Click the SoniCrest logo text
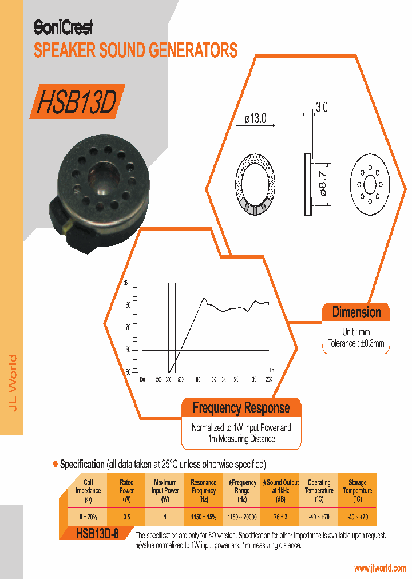pos(63,26)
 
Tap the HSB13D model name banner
pos(77,102)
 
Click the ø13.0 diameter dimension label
pos(255,119)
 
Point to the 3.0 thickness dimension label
pos(322,107)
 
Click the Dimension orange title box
pos(356,312)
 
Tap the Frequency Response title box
pos(241,409)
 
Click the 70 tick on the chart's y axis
pos(128,327)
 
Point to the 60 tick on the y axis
pos(128,350)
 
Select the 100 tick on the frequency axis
pos(142,379)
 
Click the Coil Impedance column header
pos(88,491)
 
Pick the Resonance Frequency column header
pos(203,491)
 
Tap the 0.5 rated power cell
pos(126,517)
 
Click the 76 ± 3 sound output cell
pos(280,517)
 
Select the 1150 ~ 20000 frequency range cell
pos(241,517)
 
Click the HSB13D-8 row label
pos(97,534)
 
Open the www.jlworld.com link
pos(380,568)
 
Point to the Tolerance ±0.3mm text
pos(356,344)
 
